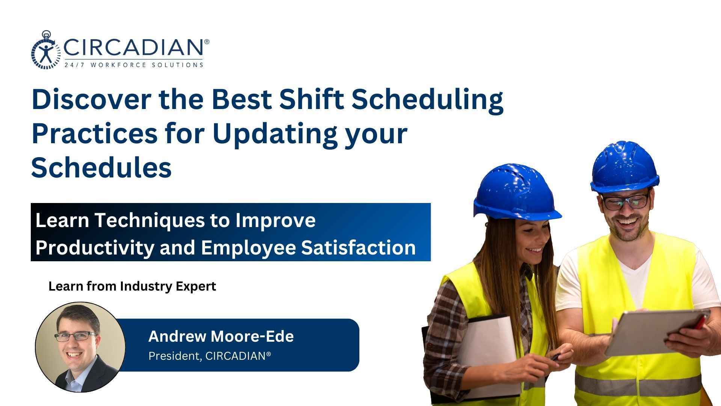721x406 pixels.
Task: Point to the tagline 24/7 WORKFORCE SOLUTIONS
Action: click(x=134, y=65)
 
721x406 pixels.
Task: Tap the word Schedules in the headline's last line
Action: click(x=101, y=167)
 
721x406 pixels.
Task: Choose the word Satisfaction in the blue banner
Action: click(x=359, y=247)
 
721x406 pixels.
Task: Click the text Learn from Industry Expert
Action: click(x=132, y=286)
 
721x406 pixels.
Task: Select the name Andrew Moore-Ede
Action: click(x=221, y=336)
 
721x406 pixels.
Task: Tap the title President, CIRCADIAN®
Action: click(x=210, y=356)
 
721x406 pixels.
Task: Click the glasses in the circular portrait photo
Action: click(x=75, y=336)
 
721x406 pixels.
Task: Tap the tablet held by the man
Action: click(x=656, y=332)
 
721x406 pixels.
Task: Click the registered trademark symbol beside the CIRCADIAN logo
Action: click(x=207, y=41)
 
